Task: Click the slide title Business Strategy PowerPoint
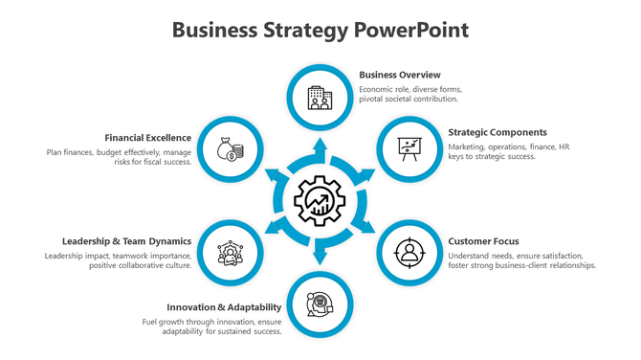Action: [320, 30]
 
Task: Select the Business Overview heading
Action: [400, 75]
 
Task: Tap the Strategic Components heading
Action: [497, 132]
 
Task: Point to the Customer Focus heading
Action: [484, 241]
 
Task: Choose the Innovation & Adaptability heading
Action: [224, 307]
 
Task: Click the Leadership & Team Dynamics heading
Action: [127, 241]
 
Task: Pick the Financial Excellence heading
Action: [148, 138]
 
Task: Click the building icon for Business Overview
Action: [320, 97]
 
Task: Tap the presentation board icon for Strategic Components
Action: [410, 149]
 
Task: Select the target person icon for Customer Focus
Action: [410, 253]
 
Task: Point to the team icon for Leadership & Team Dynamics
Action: [230, 254]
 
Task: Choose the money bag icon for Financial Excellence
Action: [230, 149]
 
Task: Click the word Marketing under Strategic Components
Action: [467, 147]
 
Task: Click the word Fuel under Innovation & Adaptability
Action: [150, 321]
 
